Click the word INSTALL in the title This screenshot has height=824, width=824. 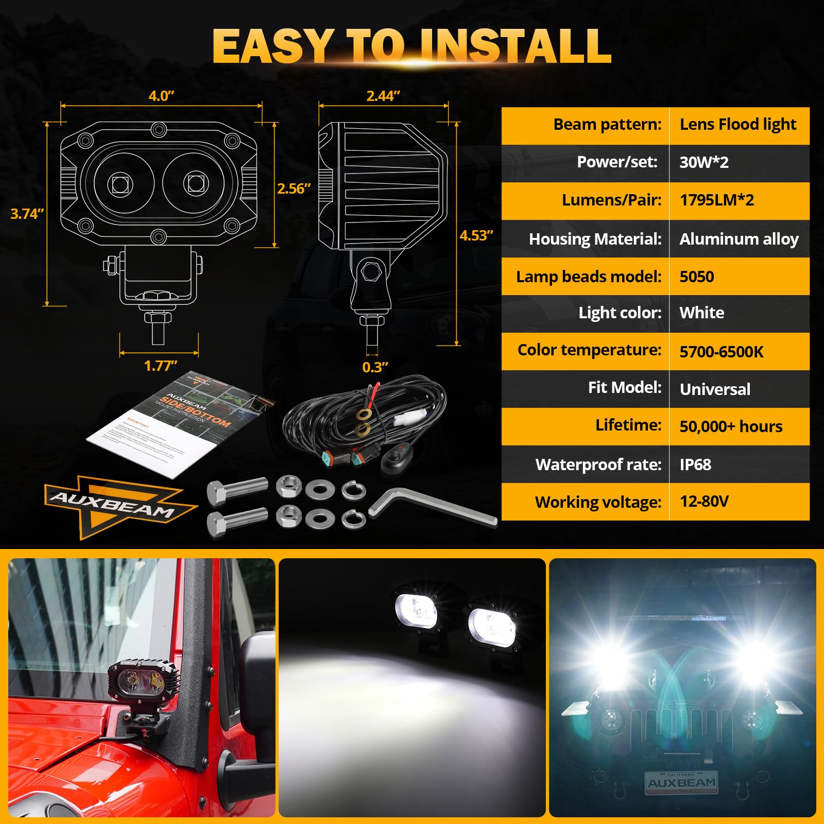click(515, 46)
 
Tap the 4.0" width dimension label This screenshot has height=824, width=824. click(161, 96)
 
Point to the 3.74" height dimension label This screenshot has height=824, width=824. click(27, 214)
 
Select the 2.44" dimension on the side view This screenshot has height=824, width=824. click(383, 96)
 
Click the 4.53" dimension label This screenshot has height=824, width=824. click(476, 236)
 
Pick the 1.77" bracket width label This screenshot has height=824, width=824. click(160, 366)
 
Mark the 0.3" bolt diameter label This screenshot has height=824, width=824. click(375, 368)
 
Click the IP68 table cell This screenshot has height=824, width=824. click(695, 465)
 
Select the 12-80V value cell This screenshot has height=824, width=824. click(703, 502)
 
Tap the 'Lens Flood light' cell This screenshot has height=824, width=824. click(737, 125)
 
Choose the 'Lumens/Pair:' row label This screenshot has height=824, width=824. click(611, 200)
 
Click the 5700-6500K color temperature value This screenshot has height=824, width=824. click(721, 352)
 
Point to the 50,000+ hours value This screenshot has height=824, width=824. click(730, 426)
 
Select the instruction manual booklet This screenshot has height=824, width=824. click(180, 422)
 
